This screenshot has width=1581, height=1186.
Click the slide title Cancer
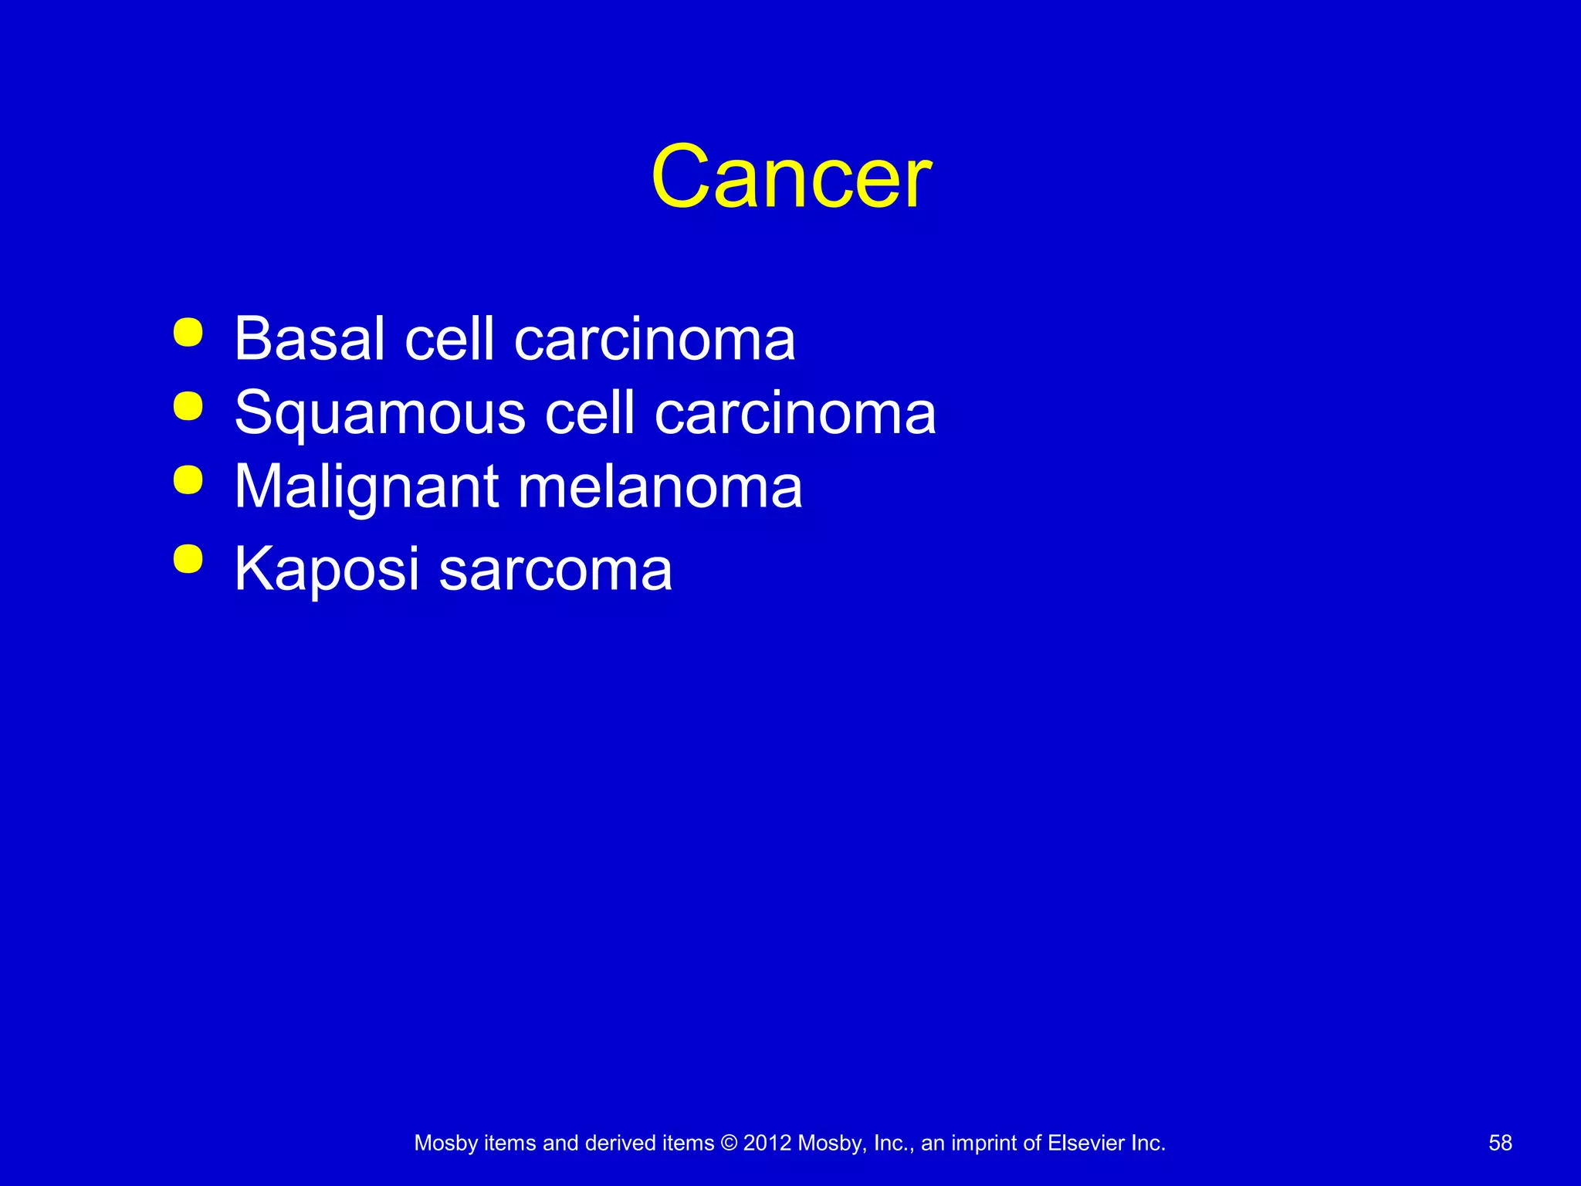click(791, 178)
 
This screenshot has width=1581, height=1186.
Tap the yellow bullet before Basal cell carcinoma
click(188, 333)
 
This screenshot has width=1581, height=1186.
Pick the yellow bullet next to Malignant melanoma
click(188, 479)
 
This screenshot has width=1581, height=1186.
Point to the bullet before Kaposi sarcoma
click(188, 559)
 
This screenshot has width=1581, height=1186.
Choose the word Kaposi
click(327, 569)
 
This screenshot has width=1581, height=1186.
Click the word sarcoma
click(555, 571)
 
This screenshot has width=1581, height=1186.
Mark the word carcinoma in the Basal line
click(654, 340)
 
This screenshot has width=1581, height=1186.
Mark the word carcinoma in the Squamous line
click(795, 413)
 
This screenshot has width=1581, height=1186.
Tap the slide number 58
click(1500, 1143)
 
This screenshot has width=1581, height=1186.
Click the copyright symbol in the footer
click(728, 1143)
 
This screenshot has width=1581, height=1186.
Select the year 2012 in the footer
click(767, 1143)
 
